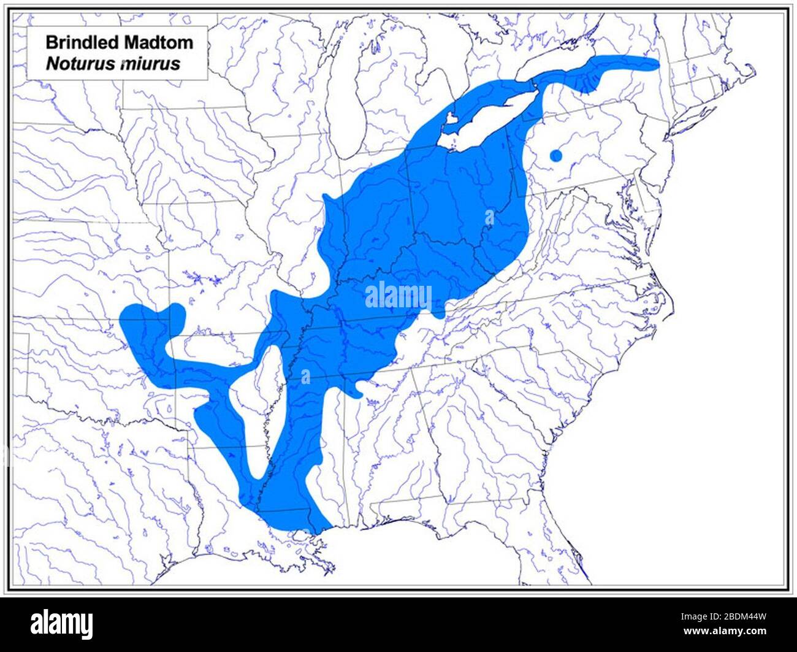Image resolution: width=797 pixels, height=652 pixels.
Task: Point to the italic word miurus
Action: [150, 63]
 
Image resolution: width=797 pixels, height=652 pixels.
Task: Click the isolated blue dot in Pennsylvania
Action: [555, 155]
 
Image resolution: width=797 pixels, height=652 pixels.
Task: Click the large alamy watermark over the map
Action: [398, 296]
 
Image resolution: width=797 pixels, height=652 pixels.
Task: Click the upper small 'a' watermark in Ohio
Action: [489, 217]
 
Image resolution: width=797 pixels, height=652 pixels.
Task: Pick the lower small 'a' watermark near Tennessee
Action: [305, 376]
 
